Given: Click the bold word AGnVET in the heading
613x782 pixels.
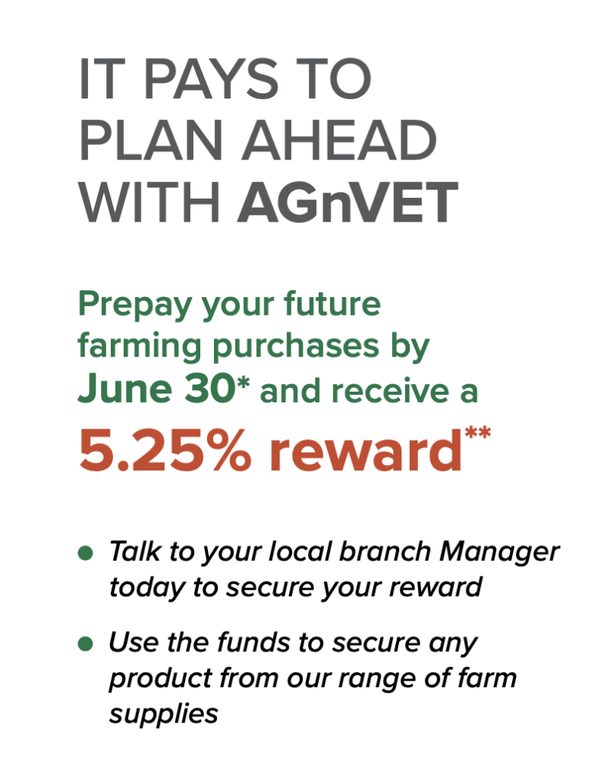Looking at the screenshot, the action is coord(348,203).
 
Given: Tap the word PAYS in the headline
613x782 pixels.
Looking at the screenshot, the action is coord(211,79).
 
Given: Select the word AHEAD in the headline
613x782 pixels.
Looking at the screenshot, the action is coord(339,141).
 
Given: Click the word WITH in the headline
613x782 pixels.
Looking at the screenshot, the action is coord(150,203).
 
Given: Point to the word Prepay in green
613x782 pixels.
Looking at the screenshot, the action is coord(135,305).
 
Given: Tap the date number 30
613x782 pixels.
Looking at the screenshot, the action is coord(209,389).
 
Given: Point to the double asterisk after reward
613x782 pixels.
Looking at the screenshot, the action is coord(478,432).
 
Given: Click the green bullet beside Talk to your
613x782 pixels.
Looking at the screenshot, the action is coord(86,553).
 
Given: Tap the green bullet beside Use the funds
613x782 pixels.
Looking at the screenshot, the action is coord(86,644).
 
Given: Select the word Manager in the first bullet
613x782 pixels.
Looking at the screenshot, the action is coord(499,553).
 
